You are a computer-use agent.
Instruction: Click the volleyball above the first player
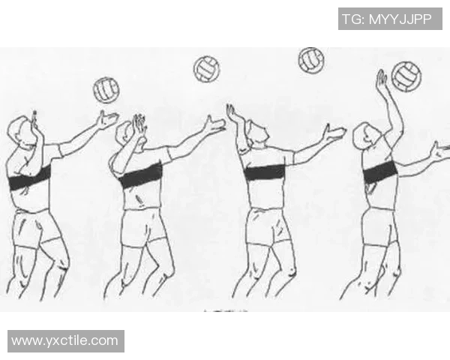coord(106,90)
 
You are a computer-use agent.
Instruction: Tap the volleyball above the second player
coord(206,70)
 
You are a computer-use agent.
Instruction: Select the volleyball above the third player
coord(311,61)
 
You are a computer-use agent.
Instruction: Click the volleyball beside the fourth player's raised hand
coord(406,76)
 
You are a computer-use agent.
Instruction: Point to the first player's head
coord(21,133)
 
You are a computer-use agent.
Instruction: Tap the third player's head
coord(257,134)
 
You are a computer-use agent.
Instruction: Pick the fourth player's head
coord(367,136)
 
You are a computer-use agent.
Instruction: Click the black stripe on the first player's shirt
coord(29,178)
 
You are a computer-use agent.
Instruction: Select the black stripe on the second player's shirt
coord(141,175)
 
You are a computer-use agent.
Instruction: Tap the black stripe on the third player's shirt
coord(265,172)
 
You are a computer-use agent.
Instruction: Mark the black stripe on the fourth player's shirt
coord(380,172)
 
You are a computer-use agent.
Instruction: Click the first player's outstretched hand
coord(107,119)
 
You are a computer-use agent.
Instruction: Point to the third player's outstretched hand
coord(334,133)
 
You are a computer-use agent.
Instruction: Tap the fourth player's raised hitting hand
coord(382,79)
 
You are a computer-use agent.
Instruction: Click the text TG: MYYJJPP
coord(387,19)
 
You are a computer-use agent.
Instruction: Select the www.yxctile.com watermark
coord(64,340)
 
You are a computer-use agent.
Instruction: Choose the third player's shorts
coord(268,226)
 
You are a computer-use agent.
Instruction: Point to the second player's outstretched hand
coord(214,125)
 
